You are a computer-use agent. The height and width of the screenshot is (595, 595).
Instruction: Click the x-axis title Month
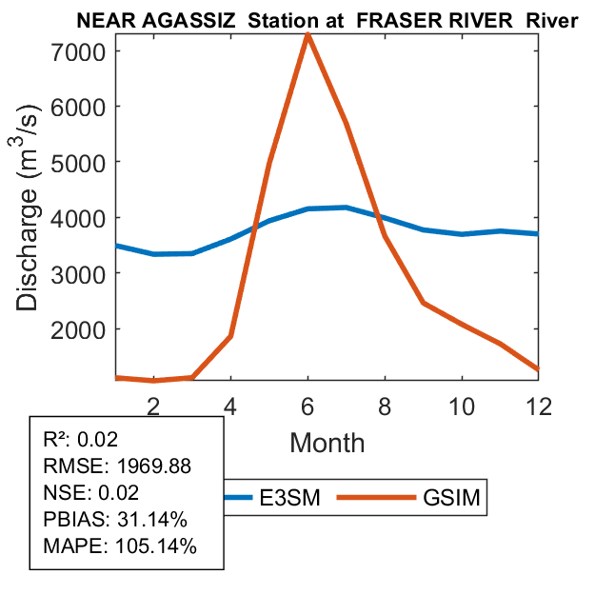[x=327, y=442]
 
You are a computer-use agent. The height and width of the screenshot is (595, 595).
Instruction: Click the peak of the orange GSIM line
[x=307, y=35]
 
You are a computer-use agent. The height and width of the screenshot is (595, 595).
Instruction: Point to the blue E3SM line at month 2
[x=153, y=254]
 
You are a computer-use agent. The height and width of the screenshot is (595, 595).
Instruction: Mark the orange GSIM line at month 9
[x=423, y=303]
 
